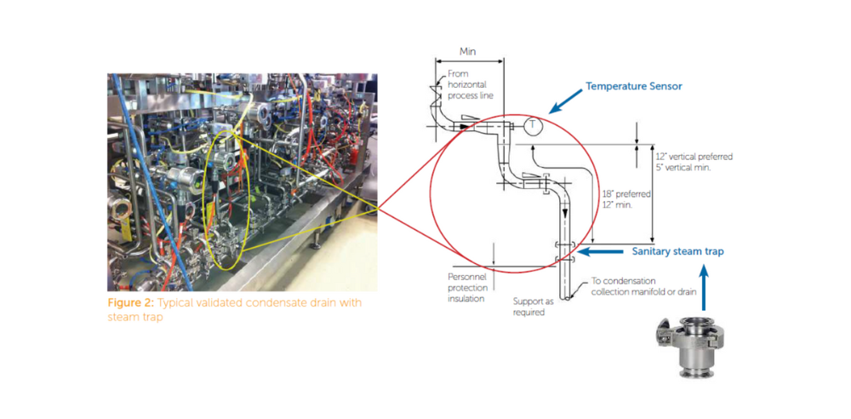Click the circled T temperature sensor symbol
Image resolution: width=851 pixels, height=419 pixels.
click(533, 125)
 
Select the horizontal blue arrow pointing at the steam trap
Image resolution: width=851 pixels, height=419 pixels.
click(600, 251)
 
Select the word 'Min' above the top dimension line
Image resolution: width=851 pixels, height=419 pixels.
click(468, 51)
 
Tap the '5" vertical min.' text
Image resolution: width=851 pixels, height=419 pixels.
click(683, 168)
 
